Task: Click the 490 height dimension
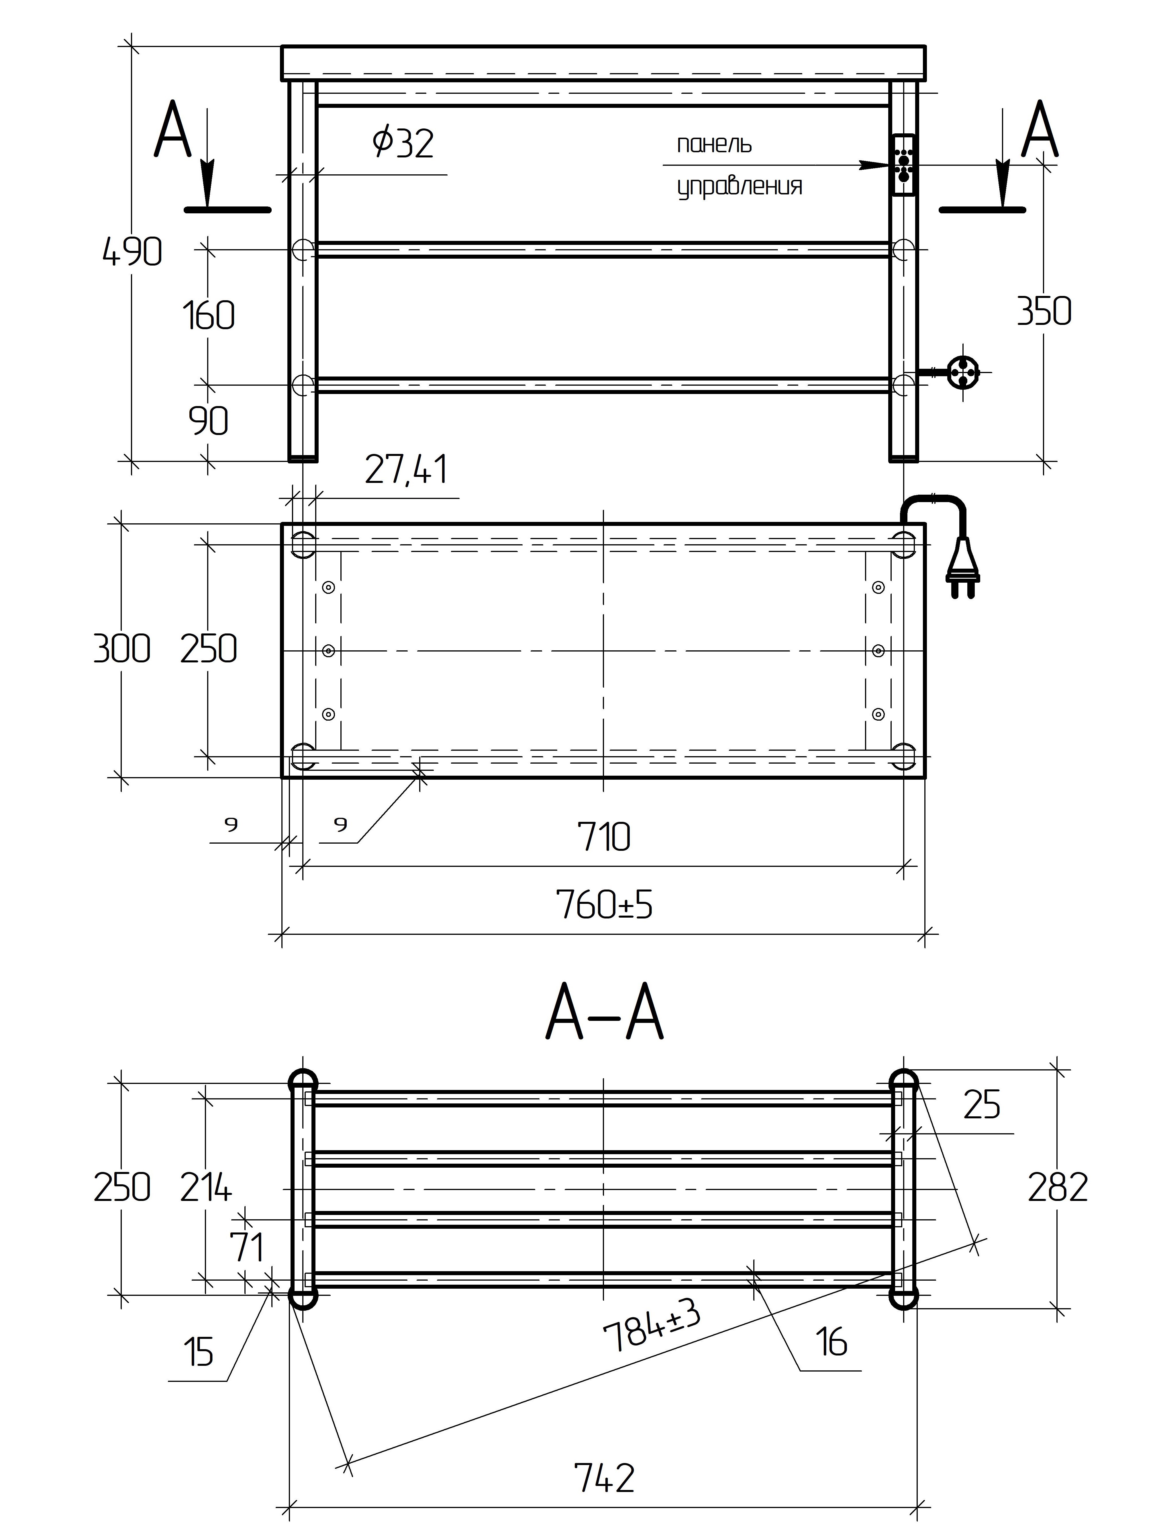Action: (132, 251)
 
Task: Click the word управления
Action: (740, 186)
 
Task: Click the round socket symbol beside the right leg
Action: (963, 372)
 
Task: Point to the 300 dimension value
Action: (121, 649)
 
